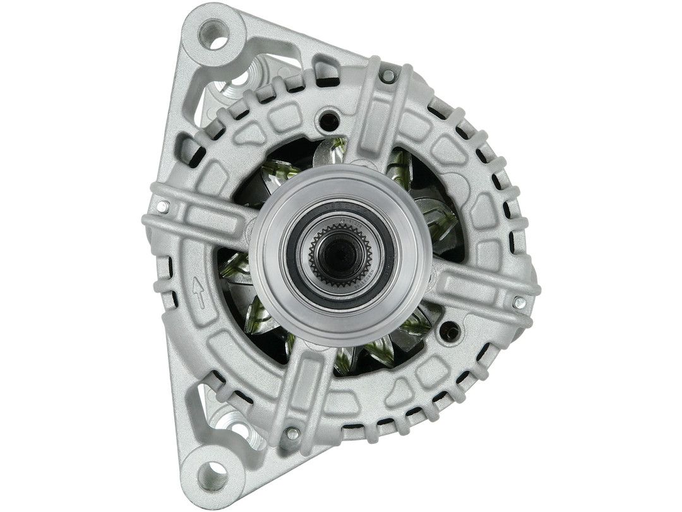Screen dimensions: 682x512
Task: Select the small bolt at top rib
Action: [x=389, y=76]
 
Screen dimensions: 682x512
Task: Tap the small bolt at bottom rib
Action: [x=292, y=433]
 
